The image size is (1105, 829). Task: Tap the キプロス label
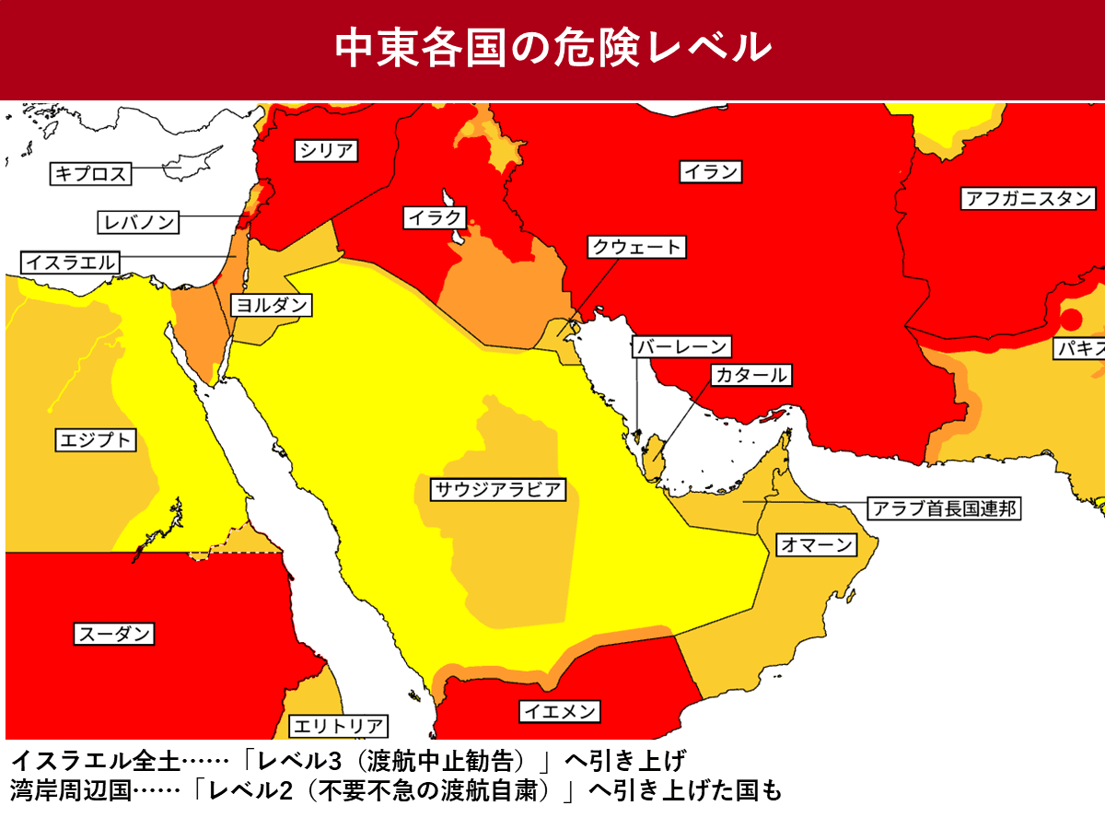[89, 173]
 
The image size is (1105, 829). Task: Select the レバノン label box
[138, 222]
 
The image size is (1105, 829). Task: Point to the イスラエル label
[71, 263]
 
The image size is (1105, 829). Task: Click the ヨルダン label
[270, 306]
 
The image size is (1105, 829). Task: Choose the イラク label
[435, 218]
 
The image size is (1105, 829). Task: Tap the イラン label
[711, 171]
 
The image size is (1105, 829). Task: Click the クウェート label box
[637, 247]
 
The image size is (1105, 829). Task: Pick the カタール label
[750, 375]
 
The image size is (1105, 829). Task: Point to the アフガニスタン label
[1029, 198]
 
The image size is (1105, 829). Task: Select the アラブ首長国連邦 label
[945, 508]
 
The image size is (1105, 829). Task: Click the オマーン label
[817, 544]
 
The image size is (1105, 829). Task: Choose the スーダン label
[113, 634]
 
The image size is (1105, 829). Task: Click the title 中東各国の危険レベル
[552, 48]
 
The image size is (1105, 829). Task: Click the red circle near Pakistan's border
[1070, 321]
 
